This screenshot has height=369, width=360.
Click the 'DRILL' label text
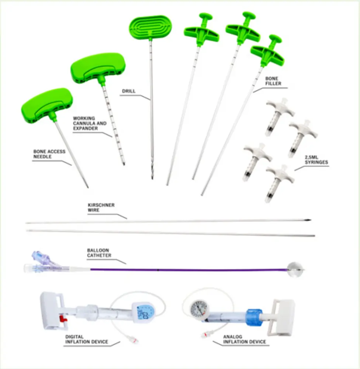click(x=129, y=91)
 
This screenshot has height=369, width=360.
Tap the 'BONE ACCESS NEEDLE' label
click(x=49, y=154)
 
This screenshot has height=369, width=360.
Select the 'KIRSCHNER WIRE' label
click(x=101, y=207)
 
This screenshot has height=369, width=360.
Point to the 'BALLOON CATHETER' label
click(x=99, y=253)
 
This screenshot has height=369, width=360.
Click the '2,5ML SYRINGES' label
click(x=316, y=160)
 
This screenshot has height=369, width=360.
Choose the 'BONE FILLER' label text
click(x=273, y=81)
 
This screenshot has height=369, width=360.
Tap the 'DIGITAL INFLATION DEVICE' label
click(x=87, y=339)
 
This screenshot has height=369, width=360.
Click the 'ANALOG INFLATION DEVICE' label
click(x=245, y=339)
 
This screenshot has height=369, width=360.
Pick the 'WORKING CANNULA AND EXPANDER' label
click(x=90, y=123)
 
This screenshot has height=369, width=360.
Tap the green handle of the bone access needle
click(x=47, y=105)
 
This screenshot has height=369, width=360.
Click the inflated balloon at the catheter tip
click(x=295, y=269)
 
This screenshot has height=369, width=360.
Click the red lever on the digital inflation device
click(x=63, y=319)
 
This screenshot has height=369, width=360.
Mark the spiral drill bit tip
click(x=152, y=171)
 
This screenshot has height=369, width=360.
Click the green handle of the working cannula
click(x=98, y=68)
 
